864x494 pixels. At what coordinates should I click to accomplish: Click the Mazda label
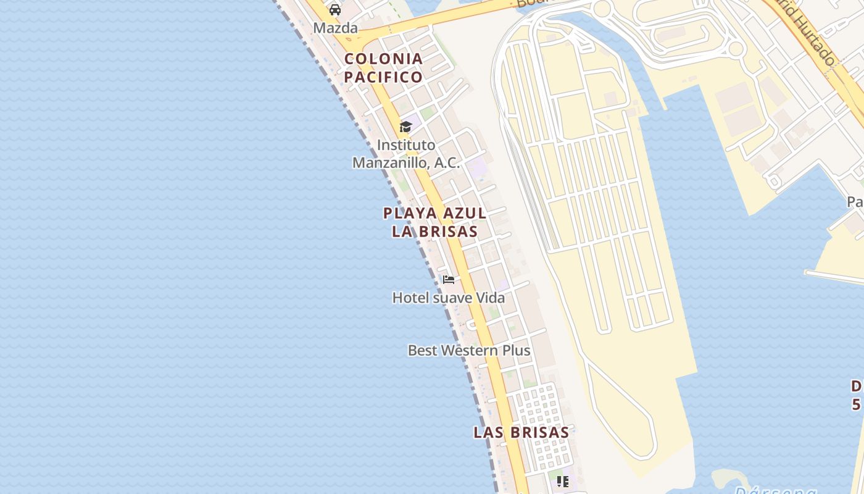(335, 28)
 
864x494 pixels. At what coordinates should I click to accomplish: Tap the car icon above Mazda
(335, 9)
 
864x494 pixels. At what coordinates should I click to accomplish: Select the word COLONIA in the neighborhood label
(383, 59)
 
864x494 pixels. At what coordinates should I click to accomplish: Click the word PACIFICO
(383, 77)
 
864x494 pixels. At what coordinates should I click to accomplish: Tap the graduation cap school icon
(405, 127)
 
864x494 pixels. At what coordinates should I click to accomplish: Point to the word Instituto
(406, 145)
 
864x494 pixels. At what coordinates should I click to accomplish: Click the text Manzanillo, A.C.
(406, 163)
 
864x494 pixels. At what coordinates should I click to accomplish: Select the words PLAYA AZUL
(434, 214)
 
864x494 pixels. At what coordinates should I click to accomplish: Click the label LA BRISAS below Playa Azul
(434, 232)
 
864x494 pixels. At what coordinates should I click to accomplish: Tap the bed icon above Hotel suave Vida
(449, 280)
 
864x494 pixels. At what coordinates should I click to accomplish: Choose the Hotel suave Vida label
(449, 298)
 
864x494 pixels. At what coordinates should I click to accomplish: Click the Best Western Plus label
(469, 351)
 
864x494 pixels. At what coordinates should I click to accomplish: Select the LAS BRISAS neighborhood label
(521, 433)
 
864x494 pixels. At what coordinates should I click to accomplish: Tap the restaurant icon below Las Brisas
(562, 481)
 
